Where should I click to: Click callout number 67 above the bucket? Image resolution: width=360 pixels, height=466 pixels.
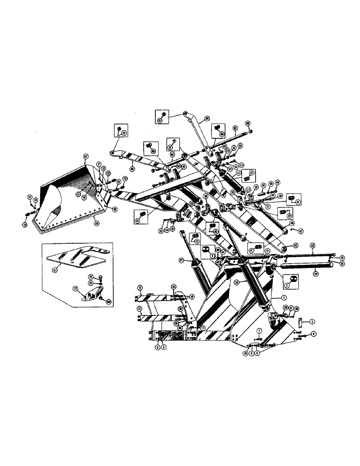click(x=86, y=156)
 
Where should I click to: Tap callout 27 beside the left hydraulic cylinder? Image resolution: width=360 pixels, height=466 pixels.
click(x=181, y=260)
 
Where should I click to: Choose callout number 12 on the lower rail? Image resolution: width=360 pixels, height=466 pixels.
click(x=139, y=308)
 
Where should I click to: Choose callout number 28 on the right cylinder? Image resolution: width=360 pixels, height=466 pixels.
click(x=237, y=282)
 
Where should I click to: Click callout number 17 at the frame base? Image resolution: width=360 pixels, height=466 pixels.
click(x=203, y=328)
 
